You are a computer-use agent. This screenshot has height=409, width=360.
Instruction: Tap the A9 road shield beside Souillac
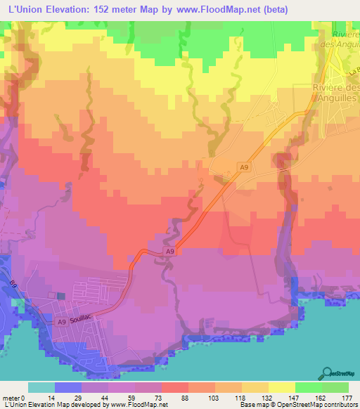coord(62,322)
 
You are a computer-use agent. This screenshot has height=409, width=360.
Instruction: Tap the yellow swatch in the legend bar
coord(281,387)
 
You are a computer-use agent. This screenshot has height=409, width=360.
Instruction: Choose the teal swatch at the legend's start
coord(41,387)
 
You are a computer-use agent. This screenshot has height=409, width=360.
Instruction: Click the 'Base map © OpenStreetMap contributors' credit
coord(297,405)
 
